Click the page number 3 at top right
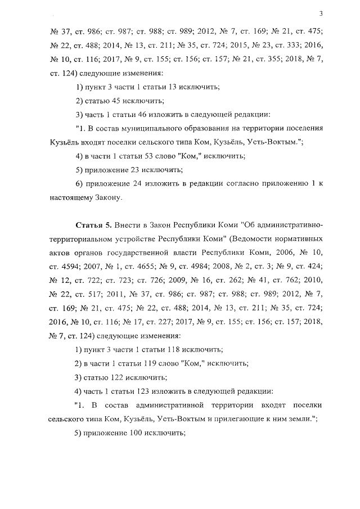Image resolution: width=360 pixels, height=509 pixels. point(320,13)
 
